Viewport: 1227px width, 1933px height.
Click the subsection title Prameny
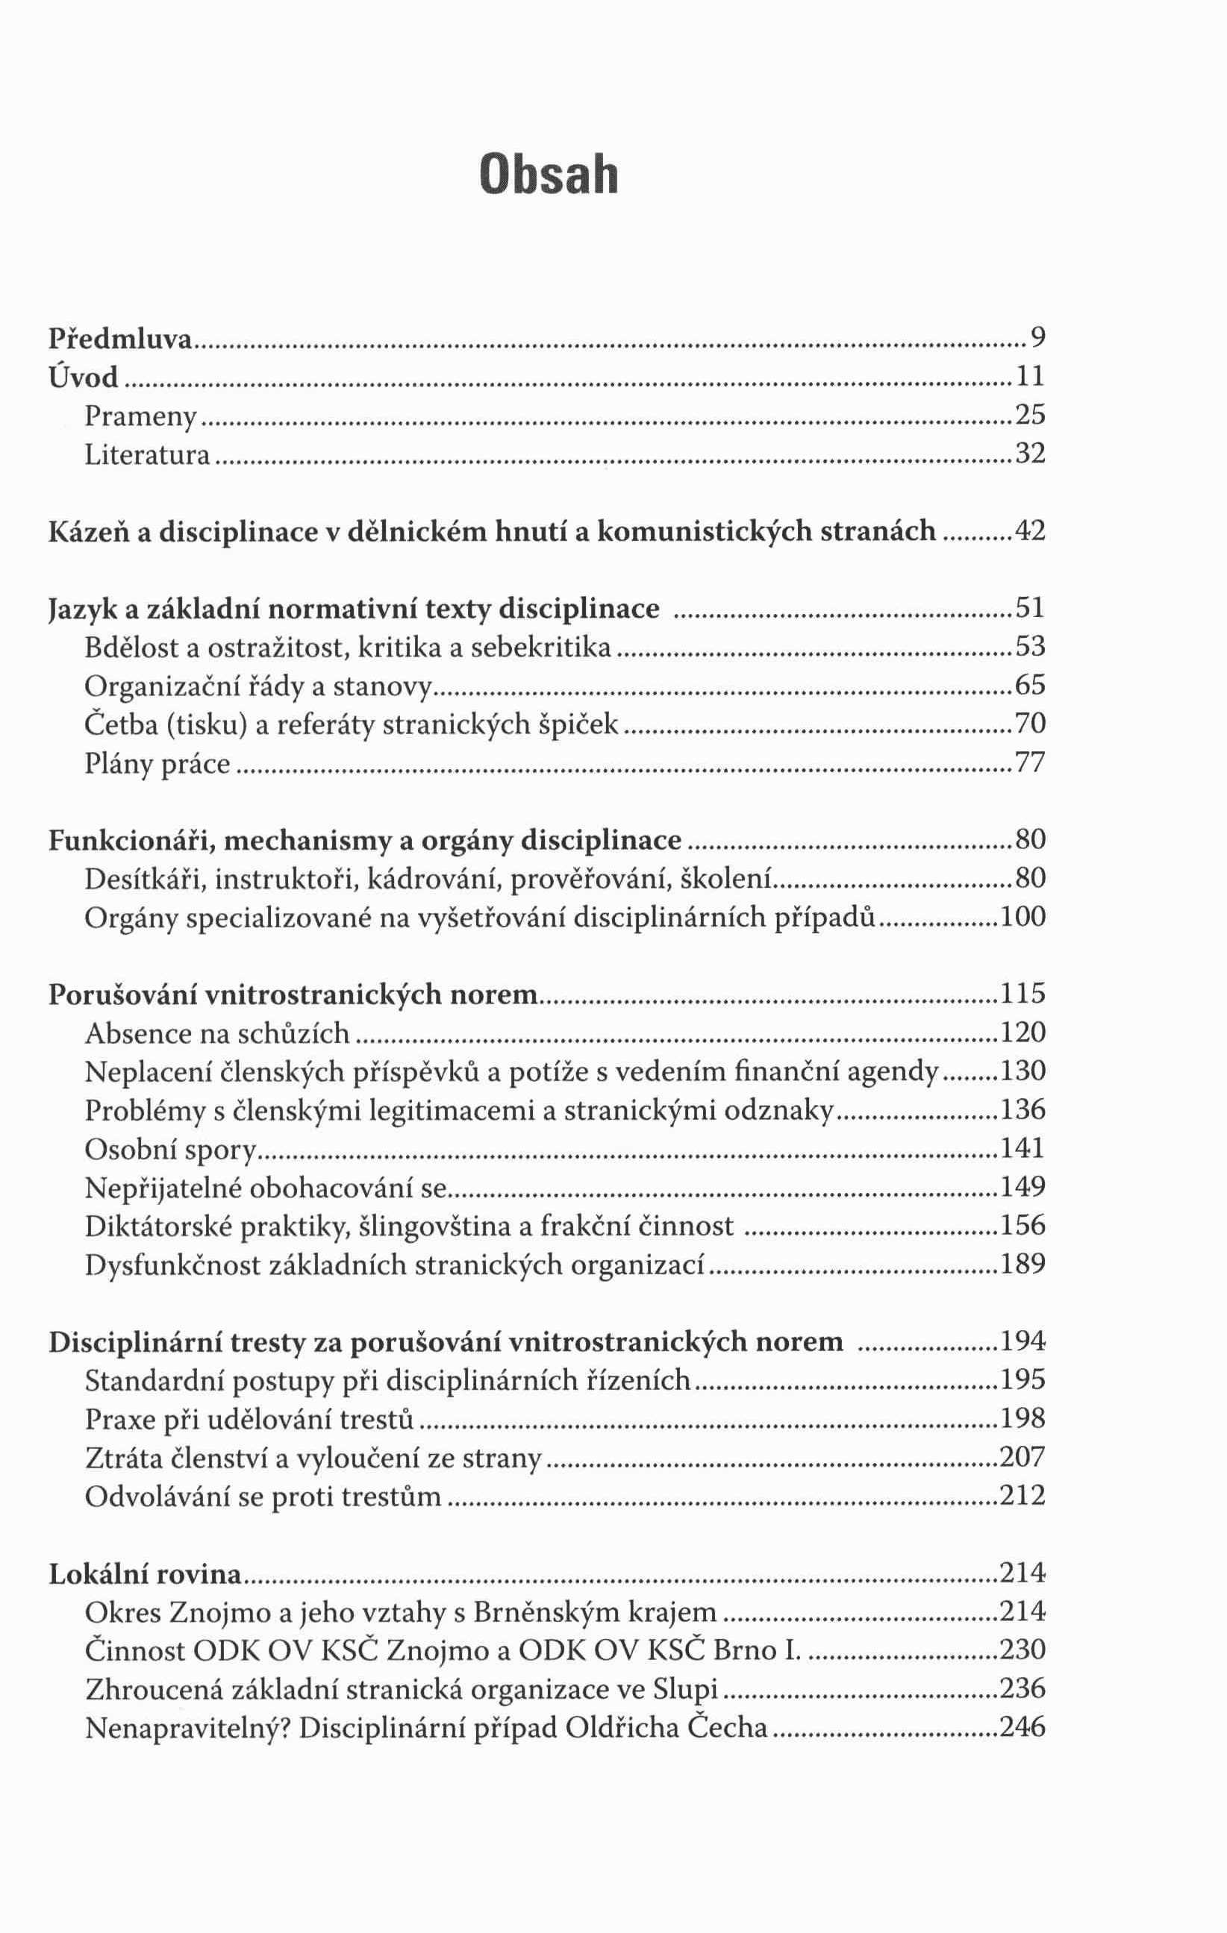click(141, 416)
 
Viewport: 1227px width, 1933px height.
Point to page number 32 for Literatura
click(1030, 454)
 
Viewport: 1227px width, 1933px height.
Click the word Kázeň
click(87, 531)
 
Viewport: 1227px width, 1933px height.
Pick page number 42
click(1030, 530)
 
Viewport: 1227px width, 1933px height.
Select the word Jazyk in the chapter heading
click(82, 610)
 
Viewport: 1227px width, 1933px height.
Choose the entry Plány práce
click(157, 762)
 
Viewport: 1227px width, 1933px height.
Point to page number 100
click(1023, 917)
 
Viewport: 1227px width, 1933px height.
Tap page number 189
click(1023, 1265)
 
